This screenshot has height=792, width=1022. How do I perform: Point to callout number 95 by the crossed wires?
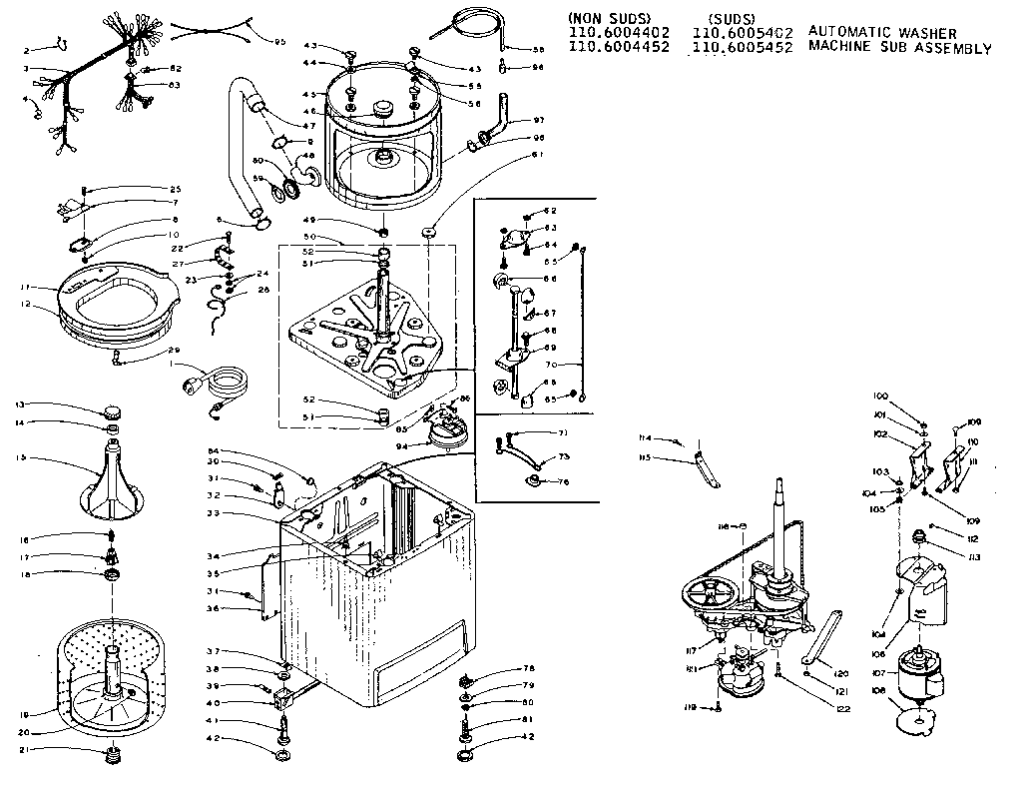[x=279, y=41]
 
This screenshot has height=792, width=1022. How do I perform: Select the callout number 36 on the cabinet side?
[x=213, y=608]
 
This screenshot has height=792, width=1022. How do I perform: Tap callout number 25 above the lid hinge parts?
[x=175, y=189]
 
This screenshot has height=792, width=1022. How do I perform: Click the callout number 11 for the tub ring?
[x=21, y=289]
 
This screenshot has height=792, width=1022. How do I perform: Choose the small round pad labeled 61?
[x=429, y=232]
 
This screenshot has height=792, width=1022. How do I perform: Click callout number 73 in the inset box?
[x=563, y=455]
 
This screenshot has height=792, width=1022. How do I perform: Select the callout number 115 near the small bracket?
[x=646, y=458]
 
